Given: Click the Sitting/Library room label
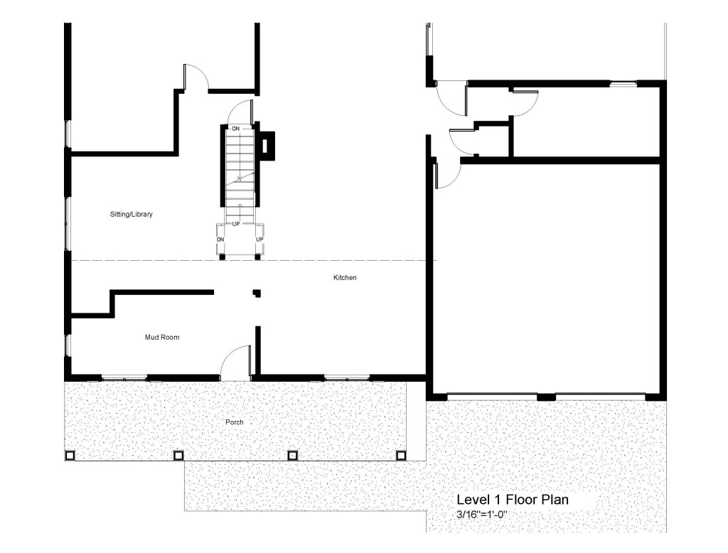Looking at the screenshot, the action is (131, 215).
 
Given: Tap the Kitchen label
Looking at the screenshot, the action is (345, 278).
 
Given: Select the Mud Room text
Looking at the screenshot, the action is (162, 338).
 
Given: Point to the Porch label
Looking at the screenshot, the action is (235, 422).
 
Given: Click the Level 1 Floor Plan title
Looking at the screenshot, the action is (513, 500).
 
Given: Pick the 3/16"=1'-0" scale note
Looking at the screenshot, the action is (481, 515).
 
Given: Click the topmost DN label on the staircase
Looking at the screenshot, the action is (236, 129).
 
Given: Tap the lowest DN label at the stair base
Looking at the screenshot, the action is (220, 240).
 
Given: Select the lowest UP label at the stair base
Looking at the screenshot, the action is (259, 240).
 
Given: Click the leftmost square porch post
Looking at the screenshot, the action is (70, 456).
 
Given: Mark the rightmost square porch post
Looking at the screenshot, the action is (401, 456).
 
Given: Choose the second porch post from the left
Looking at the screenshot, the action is (178, 456).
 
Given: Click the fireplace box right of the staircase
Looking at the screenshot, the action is (267, 146).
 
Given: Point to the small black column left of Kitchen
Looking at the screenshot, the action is (257, 293).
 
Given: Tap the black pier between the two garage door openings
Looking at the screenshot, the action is (546, 397).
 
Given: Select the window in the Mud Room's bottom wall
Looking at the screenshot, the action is (124, 377).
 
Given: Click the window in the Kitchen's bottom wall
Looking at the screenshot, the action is (347, 377).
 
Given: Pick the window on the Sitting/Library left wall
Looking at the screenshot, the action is (68, 225).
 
